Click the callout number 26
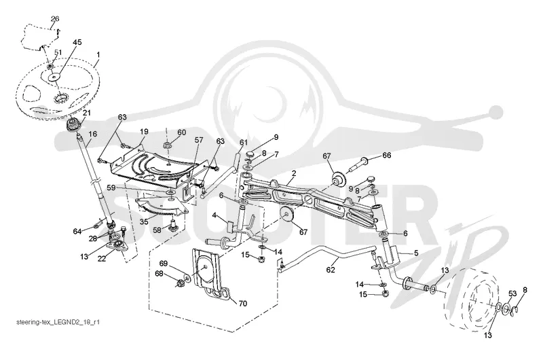(x=55, y=19)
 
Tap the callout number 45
(x=77, y=42)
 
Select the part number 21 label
(x=86, y=113)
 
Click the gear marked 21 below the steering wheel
(x=73, y=125)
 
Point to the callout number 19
(x=144, y=132)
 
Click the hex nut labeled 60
(x=166, y=144)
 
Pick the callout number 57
(x=198, y=140)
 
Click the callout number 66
(x=386, y=156)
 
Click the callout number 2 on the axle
(x=294, y=173)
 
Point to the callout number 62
(x=331, y=269)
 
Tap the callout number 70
(x=243, y=304)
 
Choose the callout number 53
(x=512, y=294)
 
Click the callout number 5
(x=416, y=253)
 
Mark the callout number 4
(x=214, y=215)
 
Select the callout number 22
(x=101, y=259)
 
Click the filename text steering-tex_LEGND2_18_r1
(x=58, y=322)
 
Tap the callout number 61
(x=244, y=143)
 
